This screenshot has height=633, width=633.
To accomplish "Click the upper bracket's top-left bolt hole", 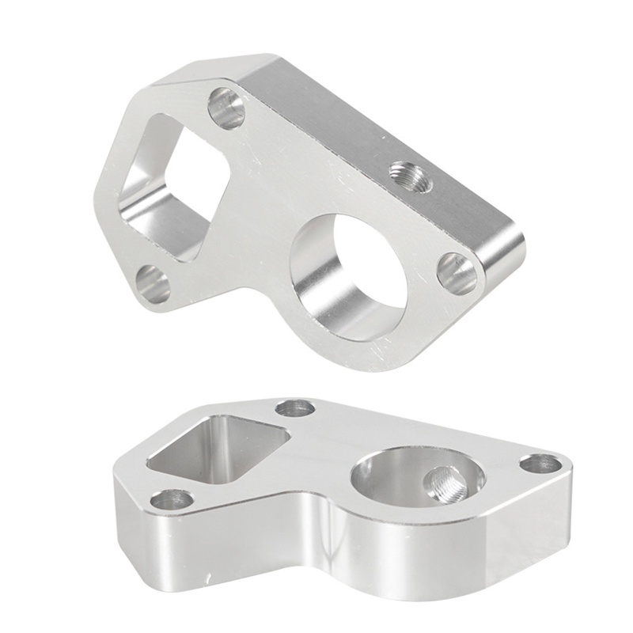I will click(x=227, y=108).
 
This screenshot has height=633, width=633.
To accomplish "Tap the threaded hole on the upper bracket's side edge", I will click(x=411, y=177).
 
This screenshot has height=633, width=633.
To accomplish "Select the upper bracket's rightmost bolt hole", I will click(x=457, y=274).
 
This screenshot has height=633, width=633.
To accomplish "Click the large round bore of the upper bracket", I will click(x=352, y=273).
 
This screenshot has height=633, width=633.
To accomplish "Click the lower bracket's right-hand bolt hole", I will click(x=540, y=464).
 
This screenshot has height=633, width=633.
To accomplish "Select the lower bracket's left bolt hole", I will click(x=172, y=499).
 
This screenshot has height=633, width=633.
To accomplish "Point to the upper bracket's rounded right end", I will click(x=506, y=253).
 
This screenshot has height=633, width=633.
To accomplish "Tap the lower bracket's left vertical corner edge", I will click(x=119, y=506).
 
